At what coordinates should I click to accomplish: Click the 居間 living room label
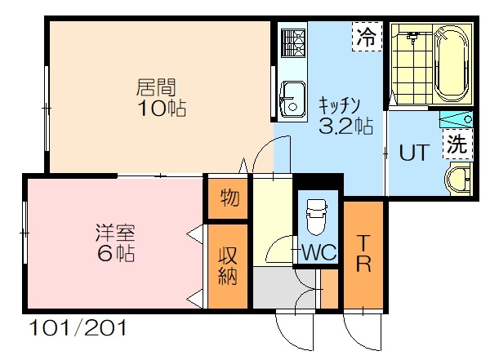[x=156, y=87]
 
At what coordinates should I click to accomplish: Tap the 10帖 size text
[x=162, y=109]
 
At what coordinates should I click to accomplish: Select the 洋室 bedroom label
[x=115, y=233]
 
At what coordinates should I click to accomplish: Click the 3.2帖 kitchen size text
[x=345, y=126]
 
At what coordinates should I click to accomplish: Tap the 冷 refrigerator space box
[x=367, y=37]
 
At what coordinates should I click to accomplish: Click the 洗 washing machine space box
[x=457, y=144]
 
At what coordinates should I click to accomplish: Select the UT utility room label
[x=414, y=153]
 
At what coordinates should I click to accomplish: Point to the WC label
[x=319, y=253]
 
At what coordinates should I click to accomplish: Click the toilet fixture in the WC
[x=317, y=217]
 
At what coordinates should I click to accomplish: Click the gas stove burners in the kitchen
[x=293, y=43]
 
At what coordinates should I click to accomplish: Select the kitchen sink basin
[x=293, y=99]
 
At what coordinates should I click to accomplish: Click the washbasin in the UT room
[x=458, y=179]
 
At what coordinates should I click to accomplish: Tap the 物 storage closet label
[x=229, y=198]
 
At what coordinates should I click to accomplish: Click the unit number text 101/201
[x=78, y=328]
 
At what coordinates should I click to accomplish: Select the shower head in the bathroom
[x=412, y=37]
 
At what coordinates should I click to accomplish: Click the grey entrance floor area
[x=284, y=288]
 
